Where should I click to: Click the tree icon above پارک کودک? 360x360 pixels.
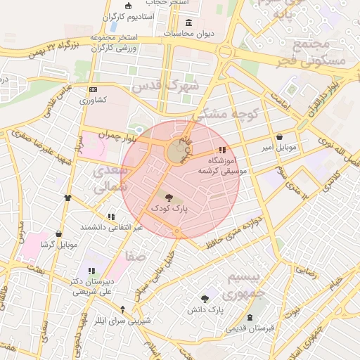(167, 199)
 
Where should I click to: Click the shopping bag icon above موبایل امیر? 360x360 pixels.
(281, 137)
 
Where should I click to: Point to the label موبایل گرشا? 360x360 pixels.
(57, 245)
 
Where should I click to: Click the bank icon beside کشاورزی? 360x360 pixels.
(93, 90)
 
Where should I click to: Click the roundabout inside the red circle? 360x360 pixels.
(175, 152)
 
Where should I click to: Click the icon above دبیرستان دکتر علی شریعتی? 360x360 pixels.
(90, 271)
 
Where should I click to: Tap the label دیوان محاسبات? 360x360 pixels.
(188, 33)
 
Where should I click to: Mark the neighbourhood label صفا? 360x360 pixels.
(136, 257)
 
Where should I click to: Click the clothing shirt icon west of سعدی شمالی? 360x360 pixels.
(67, 198)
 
